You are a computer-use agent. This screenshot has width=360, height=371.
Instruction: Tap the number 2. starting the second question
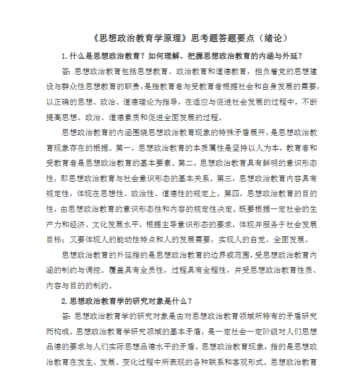coord(65,301)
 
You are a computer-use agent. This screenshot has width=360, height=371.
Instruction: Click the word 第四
coord(235,193)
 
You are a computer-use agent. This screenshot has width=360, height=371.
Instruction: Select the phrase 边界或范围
coord(225,255)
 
